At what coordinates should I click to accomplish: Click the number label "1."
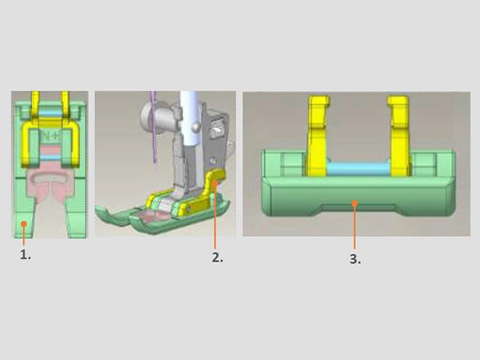[26, 254]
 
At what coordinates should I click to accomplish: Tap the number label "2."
[218, 258]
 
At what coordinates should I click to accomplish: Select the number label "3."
[355, 259]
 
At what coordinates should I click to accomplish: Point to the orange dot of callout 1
[24, 224]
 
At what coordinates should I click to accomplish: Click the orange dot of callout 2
[215, 183]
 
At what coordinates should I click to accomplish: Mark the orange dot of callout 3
[354, 203]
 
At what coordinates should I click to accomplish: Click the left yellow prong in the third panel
[318, 136]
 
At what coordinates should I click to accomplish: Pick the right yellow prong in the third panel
[398, 136]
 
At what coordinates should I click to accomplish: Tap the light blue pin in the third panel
[358, 168]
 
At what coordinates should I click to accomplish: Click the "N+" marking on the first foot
[51, 137]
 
